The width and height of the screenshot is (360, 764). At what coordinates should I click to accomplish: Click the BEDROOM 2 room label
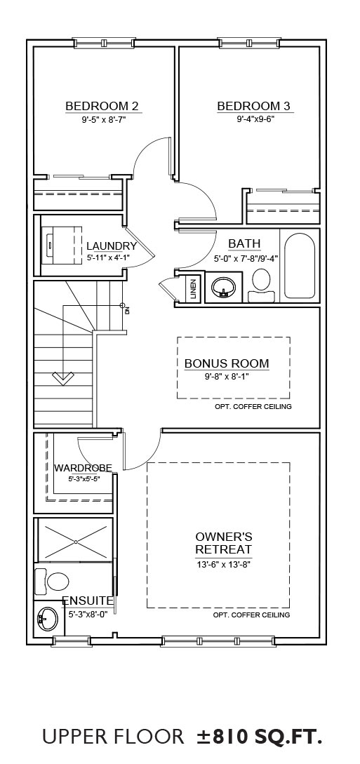click(102, 106)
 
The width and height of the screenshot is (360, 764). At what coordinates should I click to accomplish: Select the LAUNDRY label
click(112, 246)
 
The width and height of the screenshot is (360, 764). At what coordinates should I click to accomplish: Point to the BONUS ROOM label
click(227, 363)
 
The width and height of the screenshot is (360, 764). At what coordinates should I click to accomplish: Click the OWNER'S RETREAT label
click(224, 543)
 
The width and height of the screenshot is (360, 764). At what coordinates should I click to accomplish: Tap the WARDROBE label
click(83, 468)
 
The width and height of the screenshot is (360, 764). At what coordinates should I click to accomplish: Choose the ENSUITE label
click(88, 601)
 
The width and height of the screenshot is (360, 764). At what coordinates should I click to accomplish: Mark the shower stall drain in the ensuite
click(76, 542)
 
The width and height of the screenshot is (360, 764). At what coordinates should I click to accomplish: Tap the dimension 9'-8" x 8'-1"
click(227, 376)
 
